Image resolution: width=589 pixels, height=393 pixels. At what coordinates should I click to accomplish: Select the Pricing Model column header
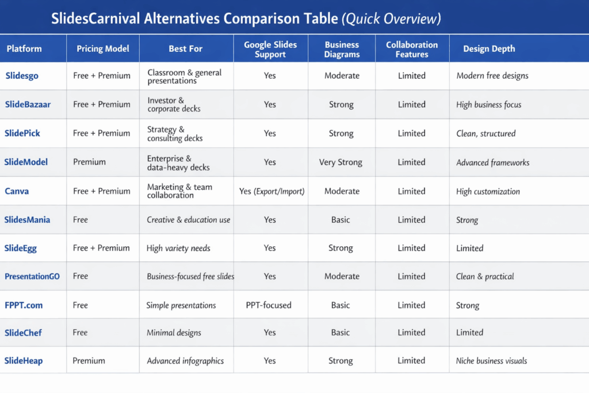pos(103,49)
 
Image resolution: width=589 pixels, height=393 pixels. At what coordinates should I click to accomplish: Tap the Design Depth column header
pos(489,49)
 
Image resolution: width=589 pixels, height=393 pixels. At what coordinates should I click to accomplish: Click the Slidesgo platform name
pos(22,75)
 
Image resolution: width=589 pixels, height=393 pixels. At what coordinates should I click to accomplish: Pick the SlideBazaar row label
pos(28,104)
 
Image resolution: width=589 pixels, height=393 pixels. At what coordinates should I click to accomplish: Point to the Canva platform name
pos(17,191)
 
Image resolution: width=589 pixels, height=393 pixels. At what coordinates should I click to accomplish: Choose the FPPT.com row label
pos(24,305)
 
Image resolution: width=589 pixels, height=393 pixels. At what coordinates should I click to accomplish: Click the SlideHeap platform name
pos(24,361)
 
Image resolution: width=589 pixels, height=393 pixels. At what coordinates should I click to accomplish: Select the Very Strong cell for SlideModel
pos(341,162)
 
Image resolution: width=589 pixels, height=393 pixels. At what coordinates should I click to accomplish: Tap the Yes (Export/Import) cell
pos(271,191)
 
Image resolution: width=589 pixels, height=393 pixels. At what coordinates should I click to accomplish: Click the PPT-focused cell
pos(269,305)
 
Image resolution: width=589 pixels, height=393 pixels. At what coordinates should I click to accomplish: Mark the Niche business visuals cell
pos(491,361)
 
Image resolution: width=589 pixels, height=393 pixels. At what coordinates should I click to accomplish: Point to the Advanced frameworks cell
pos(492,162)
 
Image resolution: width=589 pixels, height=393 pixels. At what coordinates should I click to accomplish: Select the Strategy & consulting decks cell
pos(175,133)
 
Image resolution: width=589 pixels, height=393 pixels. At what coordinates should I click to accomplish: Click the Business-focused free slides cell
pos(190,276)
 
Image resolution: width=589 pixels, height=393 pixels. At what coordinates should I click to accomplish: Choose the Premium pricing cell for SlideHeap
pos(89,361)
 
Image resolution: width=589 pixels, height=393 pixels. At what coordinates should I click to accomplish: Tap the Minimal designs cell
pos(174,333)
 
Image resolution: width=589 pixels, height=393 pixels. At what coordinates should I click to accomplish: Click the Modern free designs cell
pos(492,75)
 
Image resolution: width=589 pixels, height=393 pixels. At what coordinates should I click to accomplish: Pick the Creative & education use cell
pos(188,220)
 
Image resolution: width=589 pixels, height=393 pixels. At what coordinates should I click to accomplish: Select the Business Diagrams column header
pos(342,49)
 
